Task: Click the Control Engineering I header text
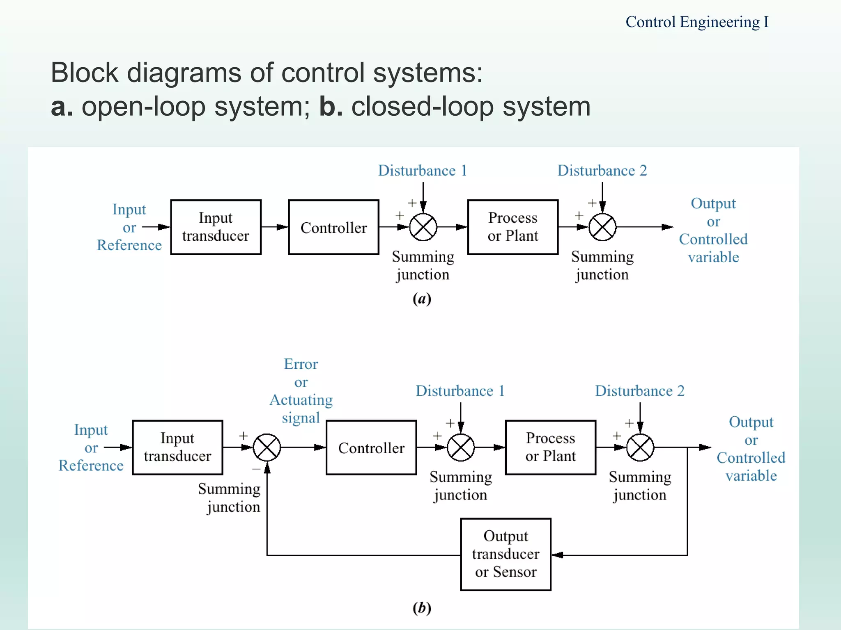click(x=697, y=22)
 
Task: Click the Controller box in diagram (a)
click(x=333, y=227)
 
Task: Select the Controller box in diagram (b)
click(x=371, y=447)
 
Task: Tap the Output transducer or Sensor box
click(x=506, y=554)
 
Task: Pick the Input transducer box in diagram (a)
click(x=216, y=227)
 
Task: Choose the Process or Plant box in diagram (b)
click(x=550, y=447)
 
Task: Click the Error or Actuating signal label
click(x=301, y=391)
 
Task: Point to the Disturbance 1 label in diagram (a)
click(x=423, y=171)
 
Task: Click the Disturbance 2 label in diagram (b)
click(x=640, y=391)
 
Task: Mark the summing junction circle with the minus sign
click(x=267, y=447)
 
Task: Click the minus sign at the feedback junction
click(x=257, y=469)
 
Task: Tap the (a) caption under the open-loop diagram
click(x=422, y=299)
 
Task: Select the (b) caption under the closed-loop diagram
click(x=422, y=607)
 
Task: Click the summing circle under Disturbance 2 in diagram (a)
click(x=602, y=227)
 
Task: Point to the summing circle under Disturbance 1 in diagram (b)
click(x=461, y=447)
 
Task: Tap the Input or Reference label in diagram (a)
click(x=129, y=227)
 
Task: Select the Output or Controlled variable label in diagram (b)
click(x=751, y=449)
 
